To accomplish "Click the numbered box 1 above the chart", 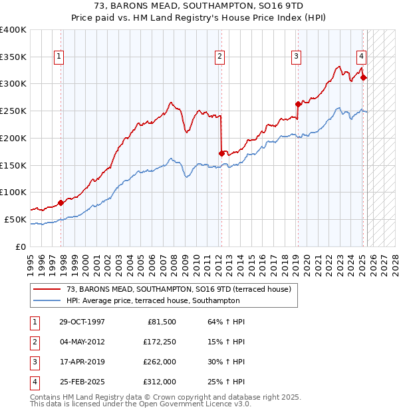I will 59,57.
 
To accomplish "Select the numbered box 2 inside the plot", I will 219,57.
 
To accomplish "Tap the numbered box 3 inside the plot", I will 296,57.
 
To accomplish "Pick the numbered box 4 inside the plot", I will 360,57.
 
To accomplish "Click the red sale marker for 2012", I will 221,153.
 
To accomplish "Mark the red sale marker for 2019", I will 298,104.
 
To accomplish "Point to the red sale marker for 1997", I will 61,202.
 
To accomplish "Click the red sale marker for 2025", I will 363,77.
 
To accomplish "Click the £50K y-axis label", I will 15,219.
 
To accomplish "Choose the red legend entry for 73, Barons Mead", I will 178,289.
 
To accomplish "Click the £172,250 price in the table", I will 160,342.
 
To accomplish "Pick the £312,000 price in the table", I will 160,382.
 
